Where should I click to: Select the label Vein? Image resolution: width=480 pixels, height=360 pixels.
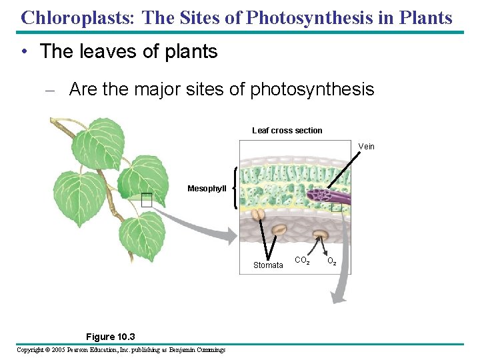click(367, 147)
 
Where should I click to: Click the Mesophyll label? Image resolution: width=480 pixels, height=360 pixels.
click(207, 189)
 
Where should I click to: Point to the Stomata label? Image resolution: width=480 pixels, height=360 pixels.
click(268, 265)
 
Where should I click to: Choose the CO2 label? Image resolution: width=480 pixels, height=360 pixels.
click(301, 261)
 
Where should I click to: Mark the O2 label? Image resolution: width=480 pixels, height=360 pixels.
click(331, 261)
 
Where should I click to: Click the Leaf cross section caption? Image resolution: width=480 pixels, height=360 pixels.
click(287, 131)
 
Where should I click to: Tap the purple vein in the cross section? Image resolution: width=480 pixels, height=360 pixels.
click(327, 195)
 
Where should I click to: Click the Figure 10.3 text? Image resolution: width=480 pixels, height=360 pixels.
click(101, 337)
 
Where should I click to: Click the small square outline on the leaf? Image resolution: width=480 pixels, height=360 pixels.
click(147, 199)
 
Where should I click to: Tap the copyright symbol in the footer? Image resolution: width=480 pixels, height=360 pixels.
click(48, 350)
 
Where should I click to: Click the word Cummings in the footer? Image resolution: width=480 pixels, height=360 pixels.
click(208, 350)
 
